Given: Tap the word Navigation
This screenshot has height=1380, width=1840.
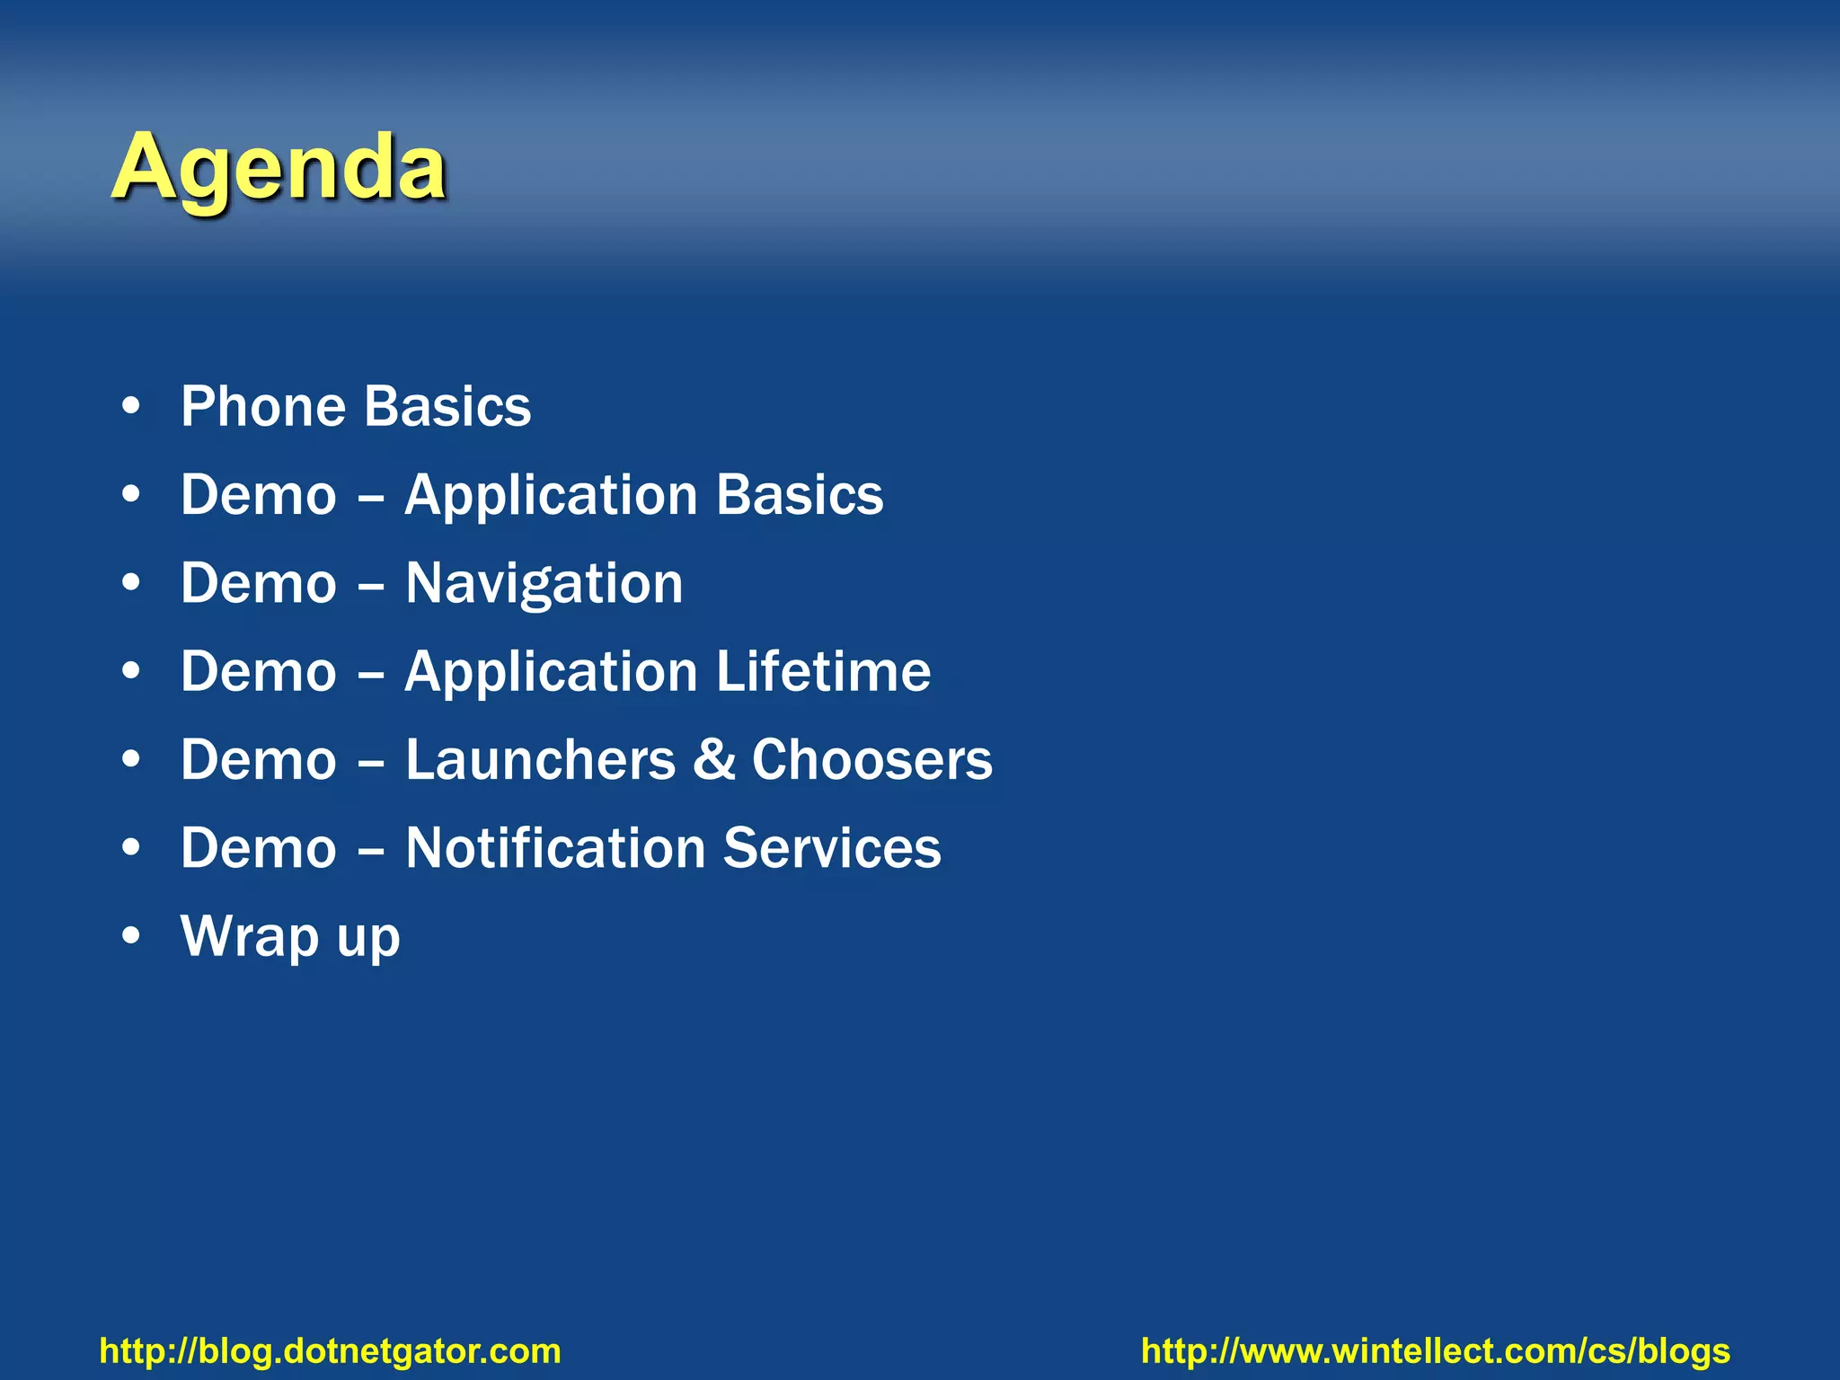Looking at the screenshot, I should click(x=544, y=584).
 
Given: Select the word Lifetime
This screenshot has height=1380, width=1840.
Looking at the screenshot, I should click(x=823, y=671).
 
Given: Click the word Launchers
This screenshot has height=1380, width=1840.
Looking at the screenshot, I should click(x=540, y=760).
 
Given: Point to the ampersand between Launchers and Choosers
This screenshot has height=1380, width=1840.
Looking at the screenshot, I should click(x=713, y=760).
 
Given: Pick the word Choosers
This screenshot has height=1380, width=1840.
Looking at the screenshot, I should click(x=871, y=760).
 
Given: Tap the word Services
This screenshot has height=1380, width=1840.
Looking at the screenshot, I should click(x=832, y=848).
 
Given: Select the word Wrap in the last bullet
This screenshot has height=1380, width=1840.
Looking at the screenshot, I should click(x=250, y=936).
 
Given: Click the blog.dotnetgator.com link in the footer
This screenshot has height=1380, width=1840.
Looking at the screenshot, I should click(x=330, y=1351).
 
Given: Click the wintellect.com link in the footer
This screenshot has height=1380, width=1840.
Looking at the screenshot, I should click(x=1435, y=1351).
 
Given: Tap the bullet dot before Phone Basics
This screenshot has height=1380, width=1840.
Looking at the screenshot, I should click(x=132, y=407).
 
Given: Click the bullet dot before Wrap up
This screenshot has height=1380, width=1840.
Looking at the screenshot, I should click(x=132, y=937).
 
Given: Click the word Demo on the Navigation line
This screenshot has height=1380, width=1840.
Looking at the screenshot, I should click(x=259, y=584).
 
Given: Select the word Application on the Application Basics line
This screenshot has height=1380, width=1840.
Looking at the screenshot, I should click(x=551, y=496).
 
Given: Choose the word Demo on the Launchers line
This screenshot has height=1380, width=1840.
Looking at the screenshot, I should click(x=259, y=760).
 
